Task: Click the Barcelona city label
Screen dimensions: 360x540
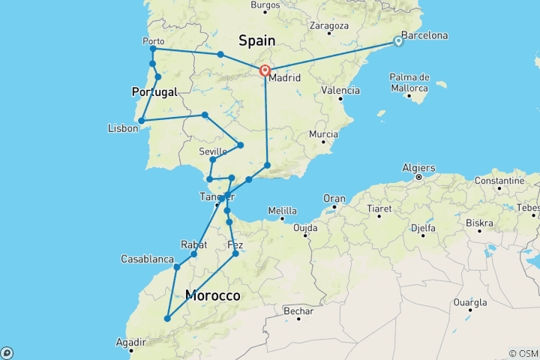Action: (x=424, y=35)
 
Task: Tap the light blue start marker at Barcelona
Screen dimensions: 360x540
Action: (x=398, y=42)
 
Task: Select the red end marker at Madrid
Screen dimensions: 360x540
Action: (x=265, y=70)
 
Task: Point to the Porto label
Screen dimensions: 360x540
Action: (x=153, y=41)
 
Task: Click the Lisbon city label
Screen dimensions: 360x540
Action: (x=123, y=128)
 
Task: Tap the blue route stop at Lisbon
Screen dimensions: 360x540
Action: (x=142, y=120)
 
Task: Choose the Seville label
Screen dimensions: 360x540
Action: (x=213, y=151)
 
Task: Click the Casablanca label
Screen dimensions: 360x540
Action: (x=148, y=259)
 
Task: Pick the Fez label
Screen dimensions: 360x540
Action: (x=235, y=245)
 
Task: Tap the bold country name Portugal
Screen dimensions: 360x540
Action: (x=154, y=91)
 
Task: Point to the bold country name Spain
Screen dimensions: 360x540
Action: (x=256, y=40)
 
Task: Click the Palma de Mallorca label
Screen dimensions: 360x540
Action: (x=409, y=82)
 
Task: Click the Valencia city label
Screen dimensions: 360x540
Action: (x=340, y=90)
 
